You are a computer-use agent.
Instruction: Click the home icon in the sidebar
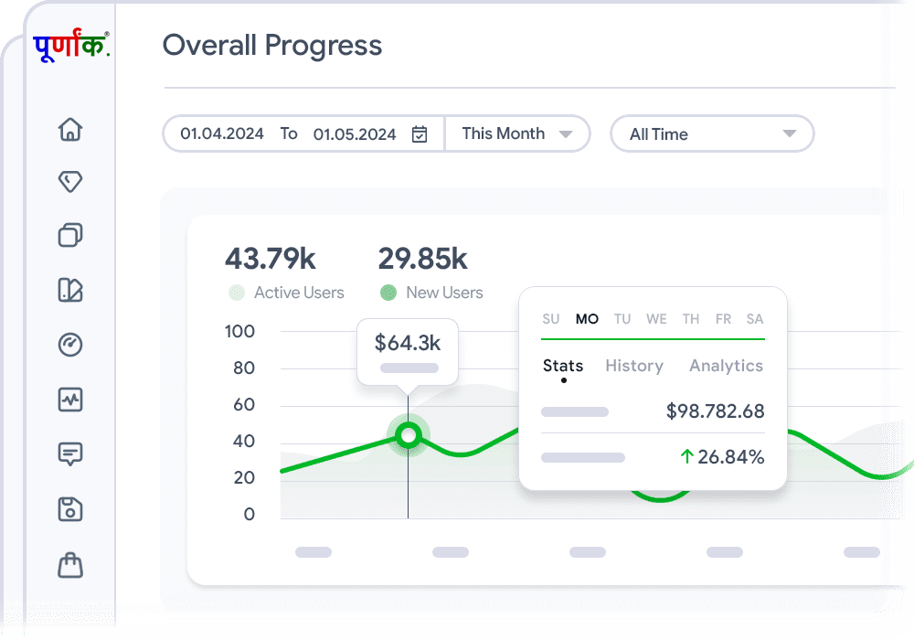point(70,129)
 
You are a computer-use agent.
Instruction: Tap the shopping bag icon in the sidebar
point(70,565)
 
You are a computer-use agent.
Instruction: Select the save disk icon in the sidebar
point(70,509)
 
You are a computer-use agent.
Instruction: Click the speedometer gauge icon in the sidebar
point(70,345)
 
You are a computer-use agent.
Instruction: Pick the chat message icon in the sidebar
point(70,453)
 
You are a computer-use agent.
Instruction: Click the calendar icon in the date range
point(420,134)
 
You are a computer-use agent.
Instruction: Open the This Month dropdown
point(517,133)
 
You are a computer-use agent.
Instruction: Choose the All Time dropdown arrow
point(790,134)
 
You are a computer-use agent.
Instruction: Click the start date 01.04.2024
point(222,133)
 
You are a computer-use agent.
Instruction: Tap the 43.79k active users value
point(271,259)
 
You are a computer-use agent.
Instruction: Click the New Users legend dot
point(388,293)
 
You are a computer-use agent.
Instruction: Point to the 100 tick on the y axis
point(239,331)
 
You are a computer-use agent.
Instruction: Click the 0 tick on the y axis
point(249,514)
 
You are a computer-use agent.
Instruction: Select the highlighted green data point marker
point(409,435)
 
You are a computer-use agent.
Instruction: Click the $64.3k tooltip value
point(408,343)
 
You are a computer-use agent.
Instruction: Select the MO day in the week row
point(587,319)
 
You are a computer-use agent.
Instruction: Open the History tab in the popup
point(634,366)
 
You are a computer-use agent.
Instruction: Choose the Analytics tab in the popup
point(726,366)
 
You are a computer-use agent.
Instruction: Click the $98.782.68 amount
point(715,411)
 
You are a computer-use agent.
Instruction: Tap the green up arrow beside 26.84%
point(686,456)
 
